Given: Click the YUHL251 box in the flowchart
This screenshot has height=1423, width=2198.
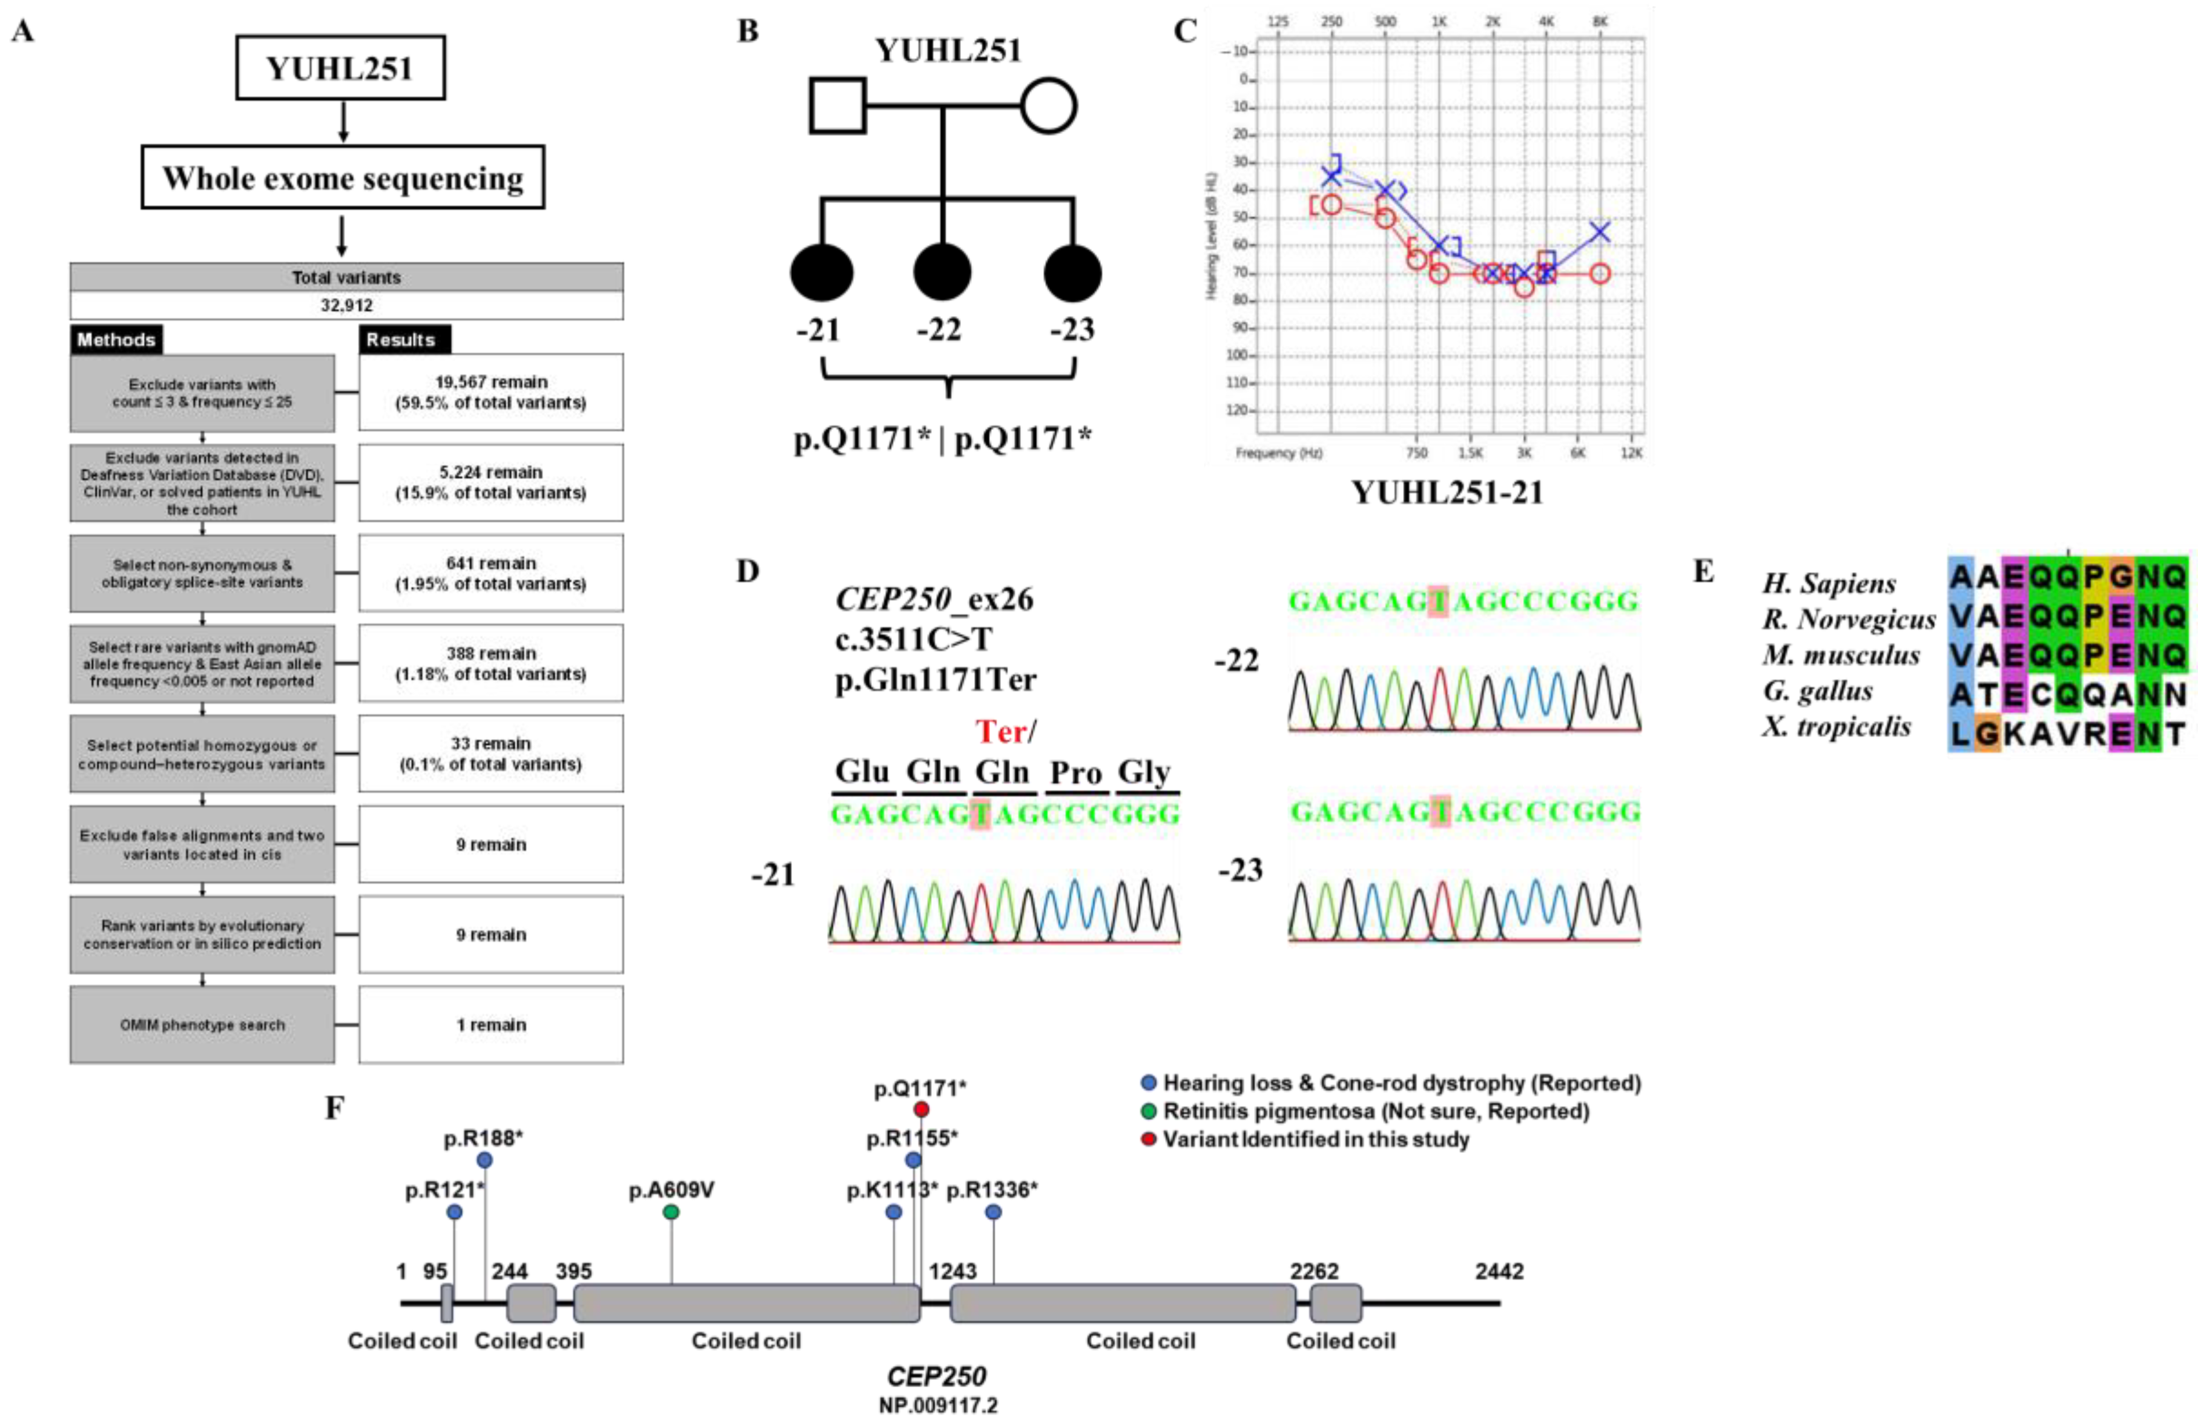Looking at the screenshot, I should coord(340,67).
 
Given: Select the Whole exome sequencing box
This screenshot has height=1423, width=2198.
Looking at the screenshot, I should coord(343,177).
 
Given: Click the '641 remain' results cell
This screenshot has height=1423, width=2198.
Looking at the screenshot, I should coord(490,573).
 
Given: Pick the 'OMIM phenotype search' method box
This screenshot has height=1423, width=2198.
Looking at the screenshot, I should coord(202,1024).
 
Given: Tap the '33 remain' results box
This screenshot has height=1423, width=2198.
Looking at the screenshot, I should coord(490,752).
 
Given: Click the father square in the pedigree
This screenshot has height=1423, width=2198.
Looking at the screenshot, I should coord(837,105).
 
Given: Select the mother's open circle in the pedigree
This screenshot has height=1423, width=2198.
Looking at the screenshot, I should coord(1048,105).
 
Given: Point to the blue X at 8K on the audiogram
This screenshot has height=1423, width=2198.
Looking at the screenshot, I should coord(1600,231).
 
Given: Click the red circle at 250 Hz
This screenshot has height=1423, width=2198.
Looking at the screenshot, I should coord(1331,204).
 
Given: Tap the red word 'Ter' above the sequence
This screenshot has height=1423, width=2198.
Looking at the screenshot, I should coord(1001,731).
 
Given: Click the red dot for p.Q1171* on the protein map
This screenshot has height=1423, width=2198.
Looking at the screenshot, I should coord(921,1109).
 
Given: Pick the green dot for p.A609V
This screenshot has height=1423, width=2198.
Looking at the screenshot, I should coord(672,1212).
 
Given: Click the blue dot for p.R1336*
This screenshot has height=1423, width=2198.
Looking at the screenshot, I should coord(993,1212).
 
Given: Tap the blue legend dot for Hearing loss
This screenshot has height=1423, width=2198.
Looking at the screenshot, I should coord(1149,1082).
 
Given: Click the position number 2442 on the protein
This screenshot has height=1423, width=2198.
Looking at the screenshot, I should coord(1499,1272).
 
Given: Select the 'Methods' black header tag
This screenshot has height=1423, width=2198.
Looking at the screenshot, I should coord(116,340).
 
